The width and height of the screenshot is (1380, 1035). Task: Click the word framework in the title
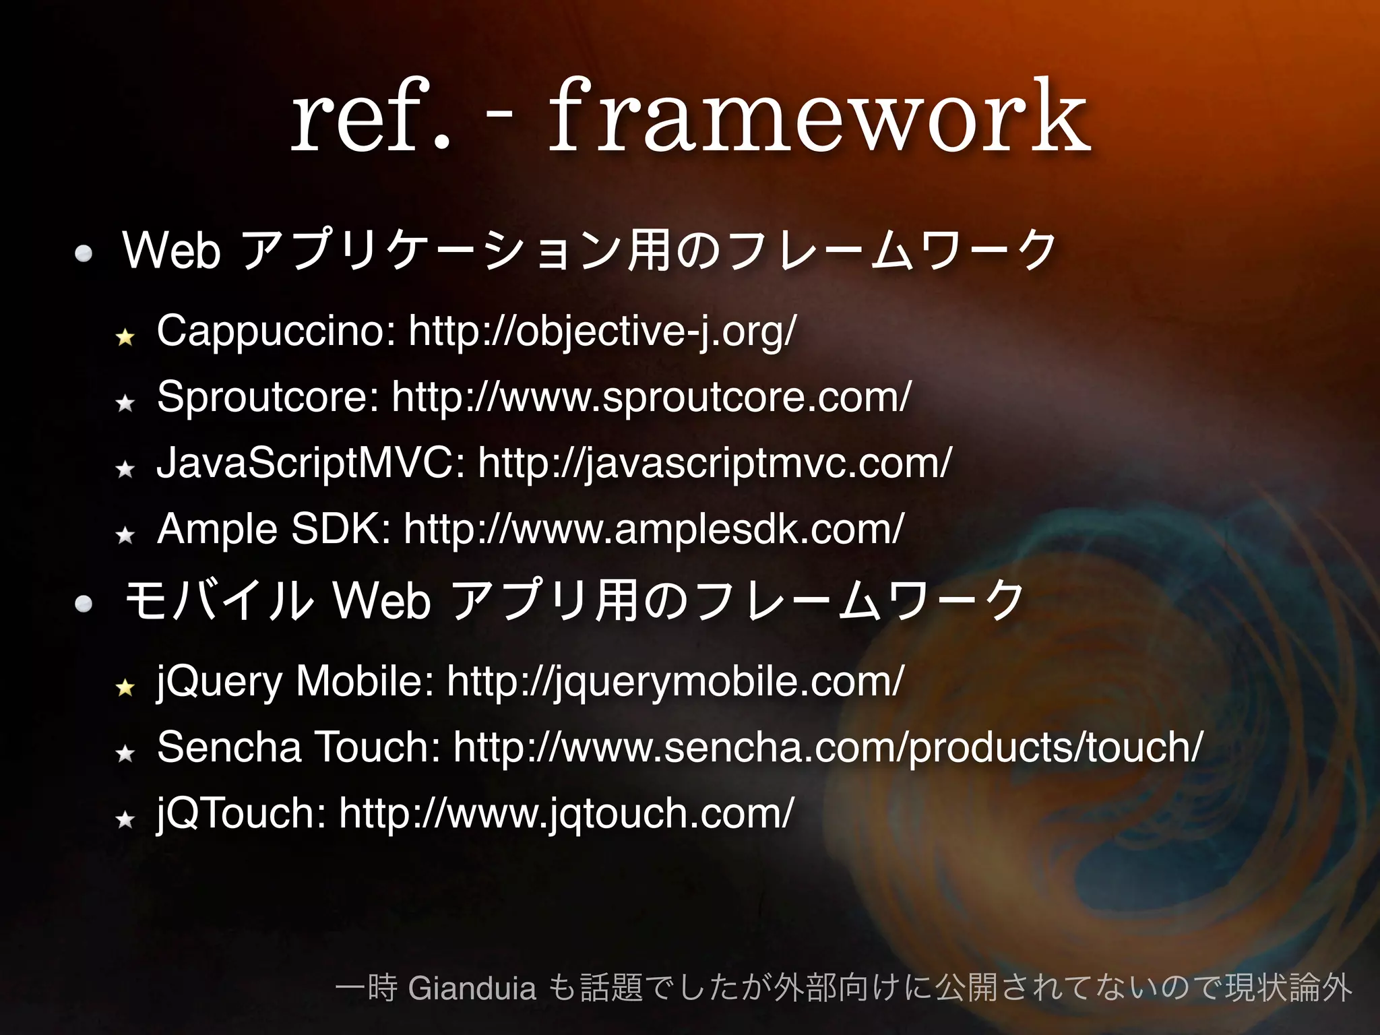point(819,115)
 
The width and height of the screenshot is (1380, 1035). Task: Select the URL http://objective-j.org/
point(602,331)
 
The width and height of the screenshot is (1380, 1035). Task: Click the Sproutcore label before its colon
point(267,396)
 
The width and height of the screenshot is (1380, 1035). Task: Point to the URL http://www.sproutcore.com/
point(651,396)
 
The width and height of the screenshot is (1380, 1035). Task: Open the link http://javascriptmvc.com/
point(714,462)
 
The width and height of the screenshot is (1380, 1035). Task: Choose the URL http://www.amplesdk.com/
point(654,528)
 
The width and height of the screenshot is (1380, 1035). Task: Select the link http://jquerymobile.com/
point(675,681)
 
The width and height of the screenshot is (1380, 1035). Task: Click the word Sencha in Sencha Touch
point(229,747)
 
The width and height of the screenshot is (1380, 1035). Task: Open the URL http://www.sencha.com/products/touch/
point(827,747)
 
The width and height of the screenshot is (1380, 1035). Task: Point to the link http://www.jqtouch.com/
point(566,813)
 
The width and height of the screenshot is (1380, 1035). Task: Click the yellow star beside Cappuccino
point(125,336)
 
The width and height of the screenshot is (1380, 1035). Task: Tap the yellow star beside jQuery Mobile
point(125,687)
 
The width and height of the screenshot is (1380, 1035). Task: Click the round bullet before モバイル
point(84,604)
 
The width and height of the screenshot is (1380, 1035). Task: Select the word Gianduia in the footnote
point(472,989)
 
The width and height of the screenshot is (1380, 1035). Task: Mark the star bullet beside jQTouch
point(125,819)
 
